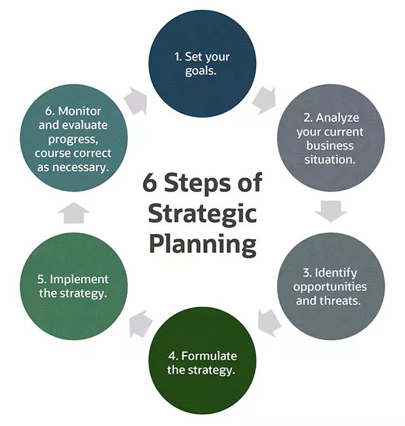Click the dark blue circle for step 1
click(202, 64)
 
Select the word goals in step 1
click(201, 71)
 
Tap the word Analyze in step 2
click(337, 118)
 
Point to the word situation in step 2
click(330, 159)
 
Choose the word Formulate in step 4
click(209, 356)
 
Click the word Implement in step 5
click(79, 280)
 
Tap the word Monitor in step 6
click(79, 111)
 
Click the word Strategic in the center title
click(202, 214)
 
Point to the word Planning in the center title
click(202, 244)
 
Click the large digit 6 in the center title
click(149, 183)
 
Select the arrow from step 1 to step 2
click(264, 100)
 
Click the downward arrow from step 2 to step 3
click(331, 211)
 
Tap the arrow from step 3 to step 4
click(269, 323)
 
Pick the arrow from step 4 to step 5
click(140, 324)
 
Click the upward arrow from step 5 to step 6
click(74, 213)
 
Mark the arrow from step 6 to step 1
click(136, 101)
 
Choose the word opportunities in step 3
click(330, 287)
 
